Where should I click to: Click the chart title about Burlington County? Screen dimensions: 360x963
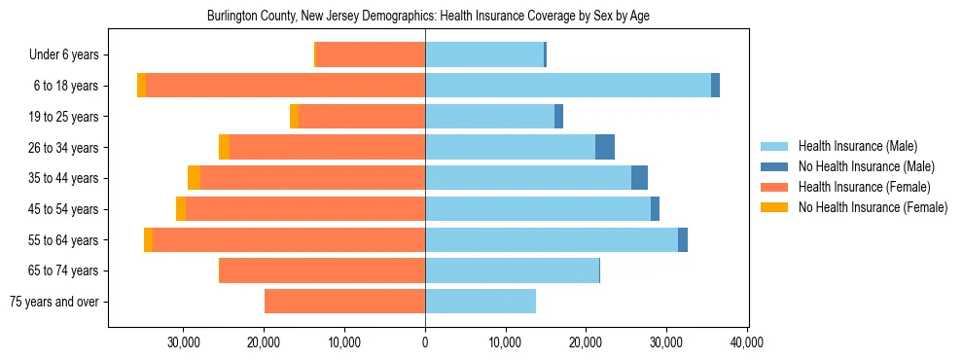click(427, 17)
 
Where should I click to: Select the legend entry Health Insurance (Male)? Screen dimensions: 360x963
click(857, 146)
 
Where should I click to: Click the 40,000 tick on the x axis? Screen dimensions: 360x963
click(746, 342)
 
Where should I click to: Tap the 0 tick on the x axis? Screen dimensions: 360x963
click(425, 342)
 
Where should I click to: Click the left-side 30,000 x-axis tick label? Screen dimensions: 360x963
click(184, 342)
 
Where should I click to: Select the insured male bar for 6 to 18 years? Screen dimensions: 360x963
click(568, 86)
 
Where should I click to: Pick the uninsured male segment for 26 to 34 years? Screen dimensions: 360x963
click(605, 148)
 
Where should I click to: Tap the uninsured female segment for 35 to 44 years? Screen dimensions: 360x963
click(195, 178)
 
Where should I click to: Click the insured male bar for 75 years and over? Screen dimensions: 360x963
click(481, 302)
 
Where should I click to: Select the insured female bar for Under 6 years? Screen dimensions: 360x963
click(371, 55)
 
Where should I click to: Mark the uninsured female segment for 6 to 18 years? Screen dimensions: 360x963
click(141, 86)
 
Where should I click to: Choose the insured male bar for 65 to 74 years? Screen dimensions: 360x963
click(512, 270)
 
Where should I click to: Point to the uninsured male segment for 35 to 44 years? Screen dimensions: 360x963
click(639, 178)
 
